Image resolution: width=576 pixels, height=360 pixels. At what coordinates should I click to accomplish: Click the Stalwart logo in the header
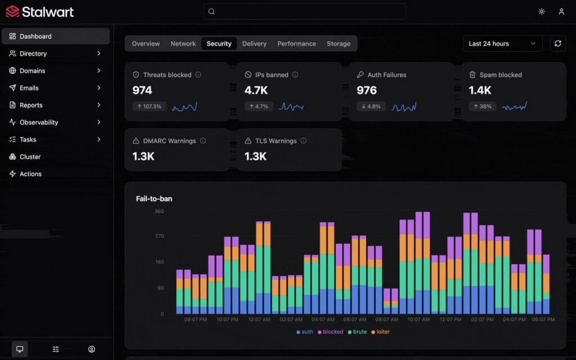pyautogui.click(x=39, y=11)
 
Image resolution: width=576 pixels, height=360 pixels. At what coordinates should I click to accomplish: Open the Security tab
pyautogui.click(x=219, y=44)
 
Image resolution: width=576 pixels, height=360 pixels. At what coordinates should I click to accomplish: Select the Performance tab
pyautogui.click(x=296, y=44)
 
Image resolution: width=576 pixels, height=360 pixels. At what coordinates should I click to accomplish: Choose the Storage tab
pyautogui.click(x=338, y=44)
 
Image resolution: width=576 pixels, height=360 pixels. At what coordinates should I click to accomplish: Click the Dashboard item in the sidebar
pyautogui.click(x=35, y=37)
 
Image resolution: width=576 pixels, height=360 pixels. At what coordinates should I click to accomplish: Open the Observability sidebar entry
pyautogui.click(x=39, y=123)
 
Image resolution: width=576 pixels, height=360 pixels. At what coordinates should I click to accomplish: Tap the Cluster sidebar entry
pyautogui.click(x=30, y=157)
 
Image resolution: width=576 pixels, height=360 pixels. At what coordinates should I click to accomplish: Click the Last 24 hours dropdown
pyautogui.click(x=502, y=44)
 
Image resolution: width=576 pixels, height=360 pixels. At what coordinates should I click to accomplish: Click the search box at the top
pyautogui.click(x=304, y=12)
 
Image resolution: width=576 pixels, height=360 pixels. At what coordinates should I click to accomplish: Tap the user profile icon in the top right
pyautogui.click(x=561, y=12)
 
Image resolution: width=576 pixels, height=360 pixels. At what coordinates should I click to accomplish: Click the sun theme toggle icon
pyautogui.click(x=541, y=12)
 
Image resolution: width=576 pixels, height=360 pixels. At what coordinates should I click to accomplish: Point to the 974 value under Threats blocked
pyautogui.click(x=142, y=90)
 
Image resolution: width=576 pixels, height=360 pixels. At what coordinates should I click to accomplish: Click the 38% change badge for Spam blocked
pyautogui.click(x=482, y=106)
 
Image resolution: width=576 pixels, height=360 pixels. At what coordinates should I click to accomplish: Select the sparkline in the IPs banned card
pyautogui.click(x=291, y=106)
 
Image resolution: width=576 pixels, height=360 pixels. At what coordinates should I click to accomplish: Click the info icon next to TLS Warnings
pyautogui.click(x=303, y=141)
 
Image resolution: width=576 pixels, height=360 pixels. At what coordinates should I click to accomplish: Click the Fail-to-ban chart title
pyautogui.click(x=154, y=199)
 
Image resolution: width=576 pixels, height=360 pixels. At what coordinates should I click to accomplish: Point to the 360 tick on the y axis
pyautogui.click(x=159, y=211)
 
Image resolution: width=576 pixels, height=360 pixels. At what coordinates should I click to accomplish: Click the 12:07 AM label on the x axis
pyautogui.click(x=259, y=319)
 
